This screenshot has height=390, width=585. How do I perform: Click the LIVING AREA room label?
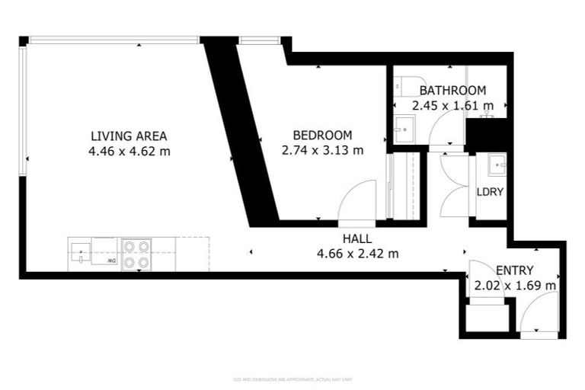pos(129,136)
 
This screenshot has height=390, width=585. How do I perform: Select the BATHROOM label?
pos(452,91)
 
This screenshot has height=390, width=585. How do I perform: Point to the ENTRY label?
pos(514,270)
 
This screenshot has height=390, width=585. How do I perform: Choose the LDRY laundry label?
pos(490,191)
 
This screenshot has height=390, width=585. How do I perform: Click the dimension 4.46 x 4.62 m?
pos(129,151)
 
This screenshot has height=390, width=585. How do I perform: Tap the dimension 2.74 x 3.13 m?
pos(322,150)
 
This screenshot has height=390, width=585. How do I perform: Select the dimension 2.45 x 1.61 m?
pos(452,106)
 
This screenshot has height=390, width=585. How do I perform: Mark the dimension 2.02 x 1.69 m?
pos(514,286)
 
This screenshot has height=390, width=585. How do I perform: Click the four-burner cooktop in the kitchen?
pos(136,254)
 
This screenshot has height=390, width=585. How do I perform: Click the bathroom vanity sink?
pos(405,129)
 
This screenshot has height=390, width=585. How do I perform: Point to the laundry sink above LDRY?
pos(498,164)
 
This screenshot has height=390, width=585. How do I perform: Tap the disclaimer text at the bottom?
pos(292,379)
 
